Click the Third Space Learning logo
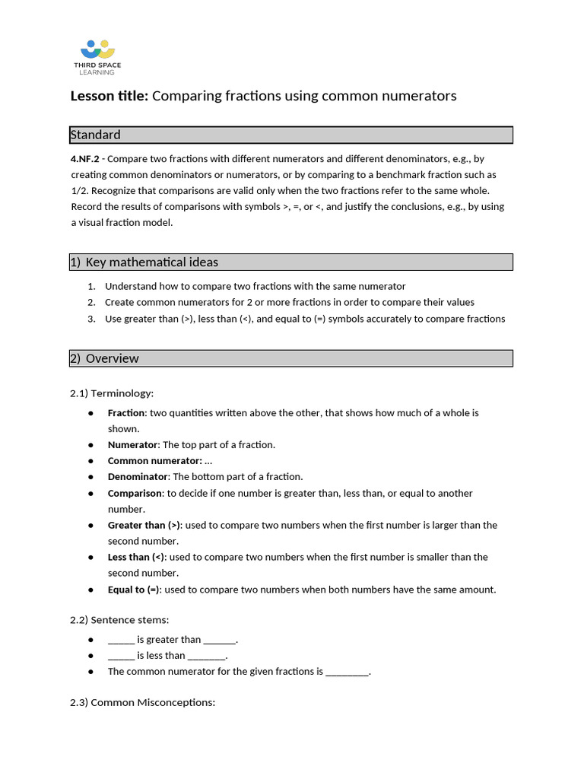[x=97, y=57]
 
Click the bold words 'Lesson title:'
[x=109, y=96]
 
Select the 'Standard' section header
[x=96, y=135]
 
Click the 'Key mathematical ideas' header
[x=151, y=262]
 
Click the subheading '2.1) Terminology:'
[x=112, y=393]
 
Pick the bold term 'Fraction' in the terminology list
[x=126, y=413]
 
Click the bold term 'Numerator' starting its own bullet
[x=132, y=445]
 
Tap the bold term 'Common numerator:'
[x=154, y=461]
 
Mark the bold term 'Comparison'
[x=135, y=494]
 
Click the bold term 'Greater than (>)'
[x=144, y=526]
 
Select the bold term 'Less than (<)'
[x=136, y=558]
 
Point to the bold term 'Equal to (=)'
[x=134, y=590]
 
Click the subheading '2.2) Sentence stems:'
[x=119, y=620]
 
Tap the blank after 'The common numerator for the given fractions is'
[x=347, y=672]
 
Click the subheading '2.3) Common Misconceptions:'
[x=143, y=702]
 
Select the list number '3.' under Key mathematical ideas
[x=91, y=319]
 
